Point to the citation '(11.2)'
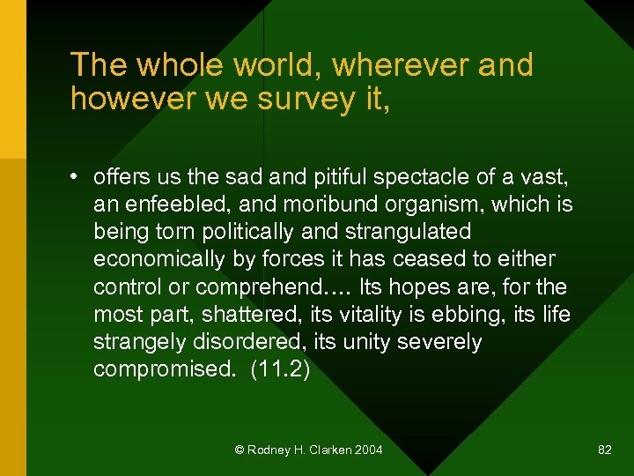point(280,368)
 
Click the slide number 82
point(604,450)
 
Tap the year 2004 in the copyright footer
point(368,450)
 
